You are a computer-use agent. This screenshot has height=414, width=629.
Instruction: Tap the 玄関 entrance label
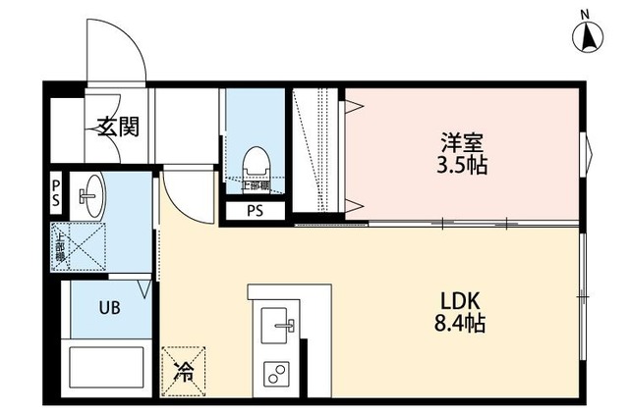117,127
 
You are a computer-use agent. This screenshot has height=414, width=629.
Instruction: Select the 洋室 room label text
462,140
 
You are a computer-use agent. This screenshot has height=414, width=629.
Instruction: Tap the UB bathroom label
108,307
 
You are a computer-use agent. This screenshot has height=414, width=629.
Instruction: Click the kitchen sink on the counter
277,323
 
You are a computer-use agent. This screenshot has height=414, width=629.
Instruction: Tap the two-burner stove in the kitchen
276,374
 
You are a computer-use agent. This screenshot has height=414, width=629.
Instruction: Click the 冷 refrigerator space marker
184,370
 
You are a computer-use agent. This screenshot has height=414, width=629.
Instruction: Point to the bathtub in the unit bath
107,370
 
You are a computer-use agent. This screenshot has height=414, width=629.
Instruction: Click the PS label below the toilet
255,211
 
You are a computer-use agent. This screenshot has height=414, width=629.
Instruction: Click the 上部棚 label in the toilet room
258,185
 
